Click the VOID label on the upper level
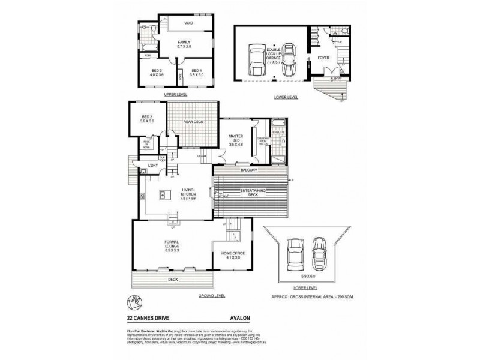[x=188, y=23]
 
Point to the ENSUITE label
[x=278, y=131]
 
